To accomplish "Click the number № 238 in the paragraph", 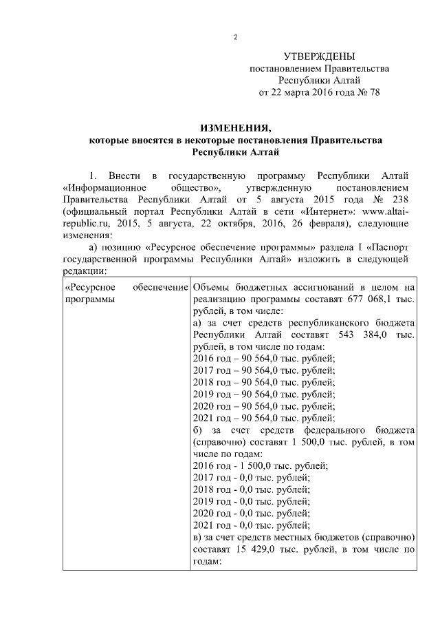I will click(397, 200).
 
